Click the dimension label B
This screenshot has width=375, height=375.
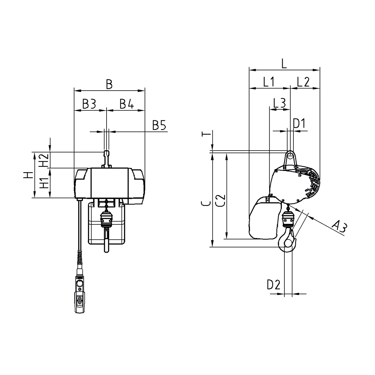109,84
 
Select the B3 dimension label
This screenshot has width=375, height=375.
89,104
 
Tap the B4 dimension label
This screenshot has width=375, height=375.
127,104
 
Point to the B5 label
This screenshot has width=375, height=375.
159,125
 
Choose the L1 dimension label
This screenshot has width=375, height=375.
269,82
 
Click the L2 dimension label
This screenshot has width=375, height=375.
303,82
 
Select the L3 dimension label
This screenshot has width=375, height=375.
280,103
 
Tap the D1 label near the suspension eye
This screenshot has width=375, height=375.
299,123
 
